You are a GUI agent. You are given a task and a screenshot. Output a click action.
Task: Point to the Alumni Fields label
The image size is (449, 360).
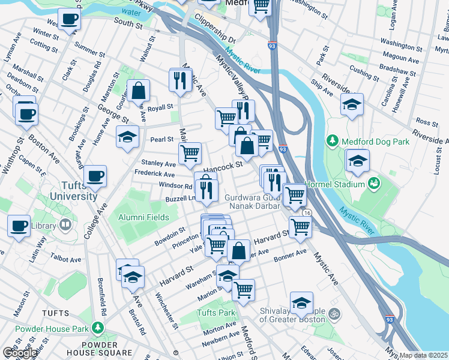coord(143,217)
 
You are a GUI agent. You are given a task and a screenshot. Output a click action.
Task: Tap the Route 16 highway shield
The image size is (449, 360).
coord(307,213)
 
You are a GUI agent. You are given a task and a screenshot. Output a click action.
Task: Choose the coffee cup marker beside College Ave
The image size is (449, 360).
coord(95,176)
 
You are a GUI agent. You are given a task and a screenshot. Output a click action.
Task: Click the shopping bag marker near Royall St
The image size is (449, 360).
coord(138,91)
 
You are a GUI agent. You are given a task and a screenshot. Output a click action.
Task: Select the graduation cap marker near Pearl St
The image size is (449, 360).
coord(127,137)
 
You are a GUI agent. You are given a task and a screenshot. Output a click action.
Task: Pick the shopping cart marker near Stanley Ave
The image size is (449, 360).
coord(190,152)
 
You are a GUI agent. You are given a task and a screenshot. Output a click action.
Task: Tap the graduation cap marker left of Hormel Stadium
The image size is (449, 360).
coord(357,160)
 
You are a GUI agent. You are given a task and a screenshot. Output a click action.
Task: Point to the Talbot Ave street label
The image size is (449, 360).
coord(66,260)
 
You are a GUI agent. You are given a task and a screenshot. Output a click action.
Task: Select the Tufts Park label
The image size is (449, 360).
coord(216,313)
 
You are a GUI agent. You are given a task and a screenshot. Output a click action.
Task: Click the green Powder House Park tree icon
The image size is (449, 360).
coord(96,328)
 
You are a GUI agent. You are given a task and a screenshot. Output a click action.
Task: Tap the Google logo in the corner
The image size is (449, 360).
coord(19,353)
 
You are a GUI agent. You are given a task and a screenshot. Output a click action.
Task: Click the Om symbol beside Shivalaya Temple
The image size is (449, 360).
coord(335,313)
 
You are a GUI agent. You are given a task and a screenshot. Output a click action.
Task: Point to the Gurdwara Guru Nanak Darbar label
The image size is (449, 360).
coord(253,202)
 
